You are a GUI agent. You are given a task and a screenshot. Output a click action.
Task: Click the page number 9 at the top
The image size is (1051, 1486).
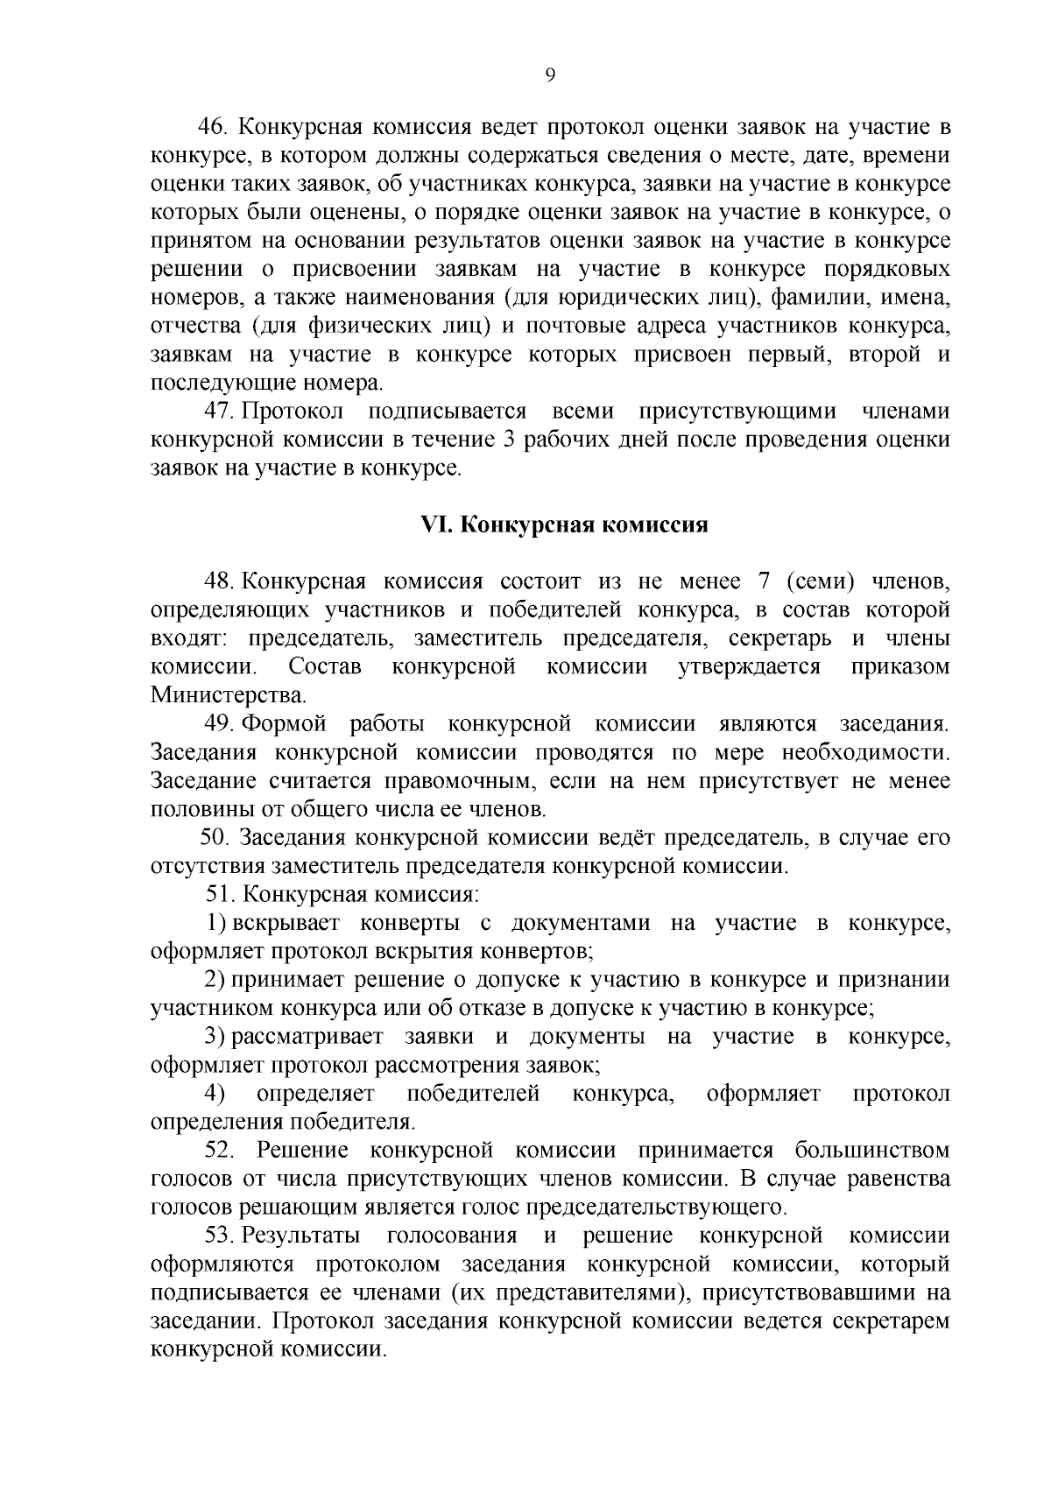550,76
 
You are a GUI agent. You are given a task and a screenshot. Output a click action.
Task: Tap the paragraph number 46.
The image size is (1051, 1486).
214,128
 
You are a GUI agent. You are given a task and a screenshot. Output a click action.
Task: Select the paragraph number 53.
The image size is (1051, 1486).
221,1236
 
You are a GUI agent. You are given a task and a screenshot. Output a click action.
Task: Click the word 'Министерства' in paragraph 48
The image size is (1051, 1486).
228,696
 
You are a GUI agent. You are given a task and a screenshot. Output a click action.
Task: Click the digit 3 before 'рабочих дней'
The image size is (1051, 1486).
509,440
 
